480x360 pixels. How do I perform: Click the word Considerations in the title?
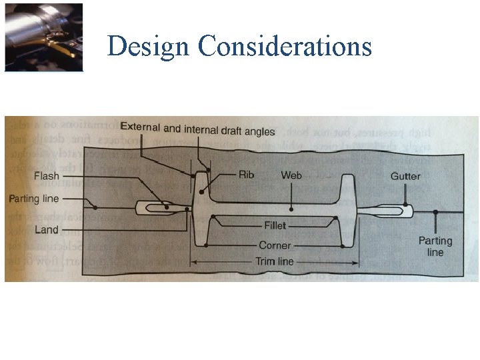pos(285,47)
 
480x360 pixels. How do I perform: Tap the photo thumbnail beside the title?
pos(44,37)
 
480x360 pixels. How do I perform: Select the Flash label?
pos(46,177)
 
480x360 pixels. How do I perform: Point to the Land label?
pos(46,230)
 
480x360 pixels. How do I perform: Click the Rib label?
pos(246,175)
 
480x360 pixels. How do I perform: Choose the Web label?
pos(291,175)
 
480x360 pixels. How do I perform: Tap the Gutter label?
pos(405,176)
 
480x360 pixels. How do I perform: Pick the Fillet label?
pos(275,226)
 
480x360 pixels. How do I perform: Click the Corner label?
pos(275,245)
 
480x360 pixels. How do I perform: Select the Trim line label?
pos(275,262)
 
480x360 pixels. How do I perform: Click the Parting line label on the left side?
pos(33,199)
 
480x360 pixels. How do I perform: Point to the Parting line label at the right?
pos(435,246)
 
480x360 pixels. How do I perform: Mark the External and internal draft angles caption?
pos(197,130)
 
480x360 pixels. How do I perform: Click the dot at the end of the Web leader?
pos(291,205)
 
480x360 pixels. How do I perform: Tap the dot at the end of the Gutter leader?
pos(405,204)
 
